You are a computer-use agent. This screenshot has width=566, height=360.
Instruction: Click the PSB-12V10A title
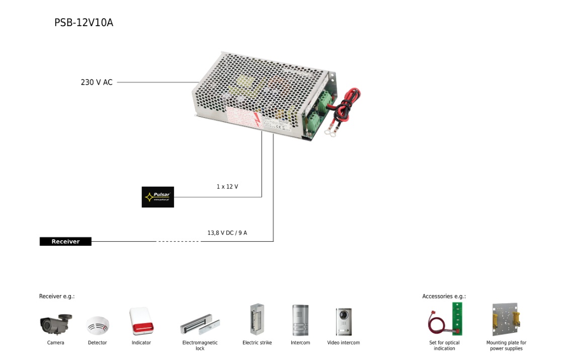click(x=84, y=23)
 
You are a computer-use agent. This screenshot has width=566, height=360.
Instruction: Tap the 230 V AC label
click(x=97, y=82)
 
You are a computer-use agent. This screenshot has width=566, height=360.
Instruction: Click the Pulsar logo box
click(x=157, y=197)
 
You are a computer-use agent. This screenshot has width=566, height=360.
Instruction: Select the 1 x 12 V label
click(x=227, y=187)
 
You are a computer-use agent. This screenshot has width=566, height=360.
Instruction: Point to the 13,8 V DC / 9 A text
click(x=227, y=233)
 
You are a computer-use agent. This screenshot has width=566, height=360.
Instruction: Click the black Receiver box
click(x=65, y=242)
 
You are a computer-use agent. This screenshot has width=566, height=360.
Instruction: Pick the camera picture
click(x=56, y=323)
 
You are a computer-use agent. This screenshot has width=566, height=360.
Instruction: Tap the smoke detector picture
click(x=97, y=325)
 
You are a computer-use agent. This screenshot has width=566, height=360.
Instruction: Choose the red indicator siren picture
click(x=141, y=321)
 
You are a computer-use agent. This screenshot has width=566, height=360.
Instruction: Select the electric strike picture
click(x=257, y=319)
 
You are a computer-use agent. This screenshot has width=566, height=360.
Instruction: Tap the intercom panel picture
click(x=300, y=320)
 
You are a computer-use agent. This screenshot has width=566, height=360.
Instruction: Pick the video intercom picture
click(x=344, y=321)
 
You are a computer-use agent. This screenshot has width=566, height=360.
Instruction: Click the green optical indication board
click(x=457, y=318)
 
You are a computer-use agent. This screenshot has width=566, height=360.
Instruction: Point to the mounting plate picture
click(x=506, y=319)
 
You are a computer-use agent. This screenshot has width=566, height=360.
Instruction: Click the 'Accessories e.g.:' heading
click(x=444, y=297)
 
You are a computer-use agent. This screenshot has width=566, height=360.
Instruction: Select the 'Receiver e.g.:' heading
click(x=57, y=297)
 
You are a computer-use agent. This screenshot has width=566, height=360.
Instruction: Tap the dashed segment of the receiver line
click(x=178, y=242)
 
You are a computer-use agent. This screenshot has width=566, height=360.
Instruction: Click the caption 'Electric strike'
click(x=257, y=343)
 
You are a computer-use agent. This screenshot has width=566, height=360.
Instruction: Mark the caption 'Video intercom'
click(x=344, y=343)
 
